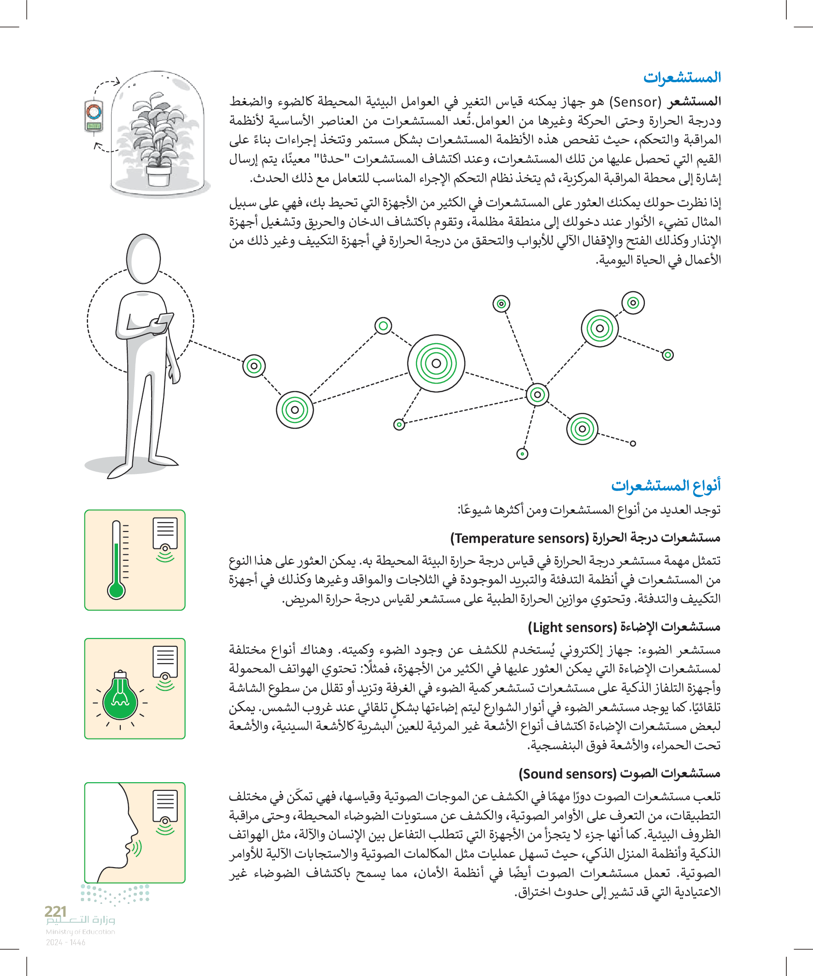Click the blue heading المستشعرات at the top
point(682,77)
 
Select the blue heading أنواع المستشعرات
point(666,485)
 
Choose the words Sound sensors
point(567,774)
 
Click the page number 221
point(55,911)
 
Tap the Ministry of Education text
point(80,931)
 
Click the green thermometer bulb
point(116,591)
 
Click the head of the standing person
point(144,259)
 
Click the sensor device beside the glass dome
point(93,116)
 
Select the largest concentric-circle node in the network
point(436,363)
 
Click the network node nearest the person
point(254,366)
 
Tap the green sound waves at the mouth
point(137,848)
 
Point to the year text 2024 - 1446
point(66,942)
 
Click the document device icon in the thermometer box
point(165,534)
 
